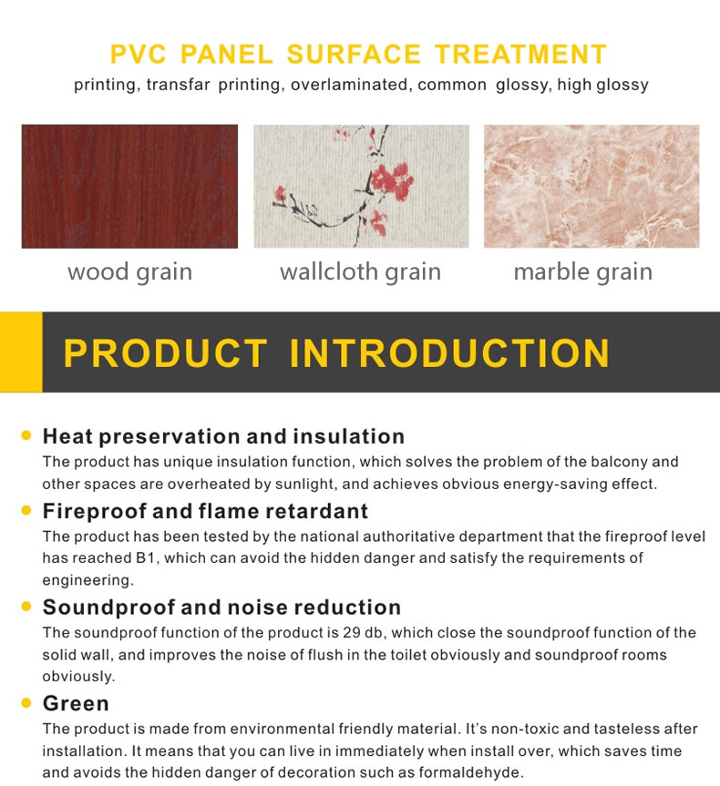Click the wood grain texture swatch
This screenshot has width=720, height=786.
click(129, 186)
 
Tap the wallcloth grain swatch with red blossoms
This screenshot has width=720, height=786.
click(361, 186)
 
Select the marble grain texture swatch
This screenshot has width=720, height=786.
click(591, 186)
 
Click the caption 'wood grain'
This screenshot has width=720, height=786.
click(130, 272)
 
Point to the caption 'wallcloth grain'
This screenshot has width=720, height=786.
click(360, 272)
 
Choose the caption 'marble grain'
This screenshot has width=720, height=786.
click(583, 272)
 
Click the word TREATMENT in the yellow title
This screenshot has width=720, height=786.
click(520, 54)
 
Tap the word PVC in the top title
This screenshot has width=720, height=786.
click(138, 54)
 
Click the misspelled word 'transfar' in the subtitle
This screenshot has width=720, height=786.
click(178, 85)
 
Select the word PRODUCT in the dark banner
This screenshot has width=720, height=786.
click(166, 352)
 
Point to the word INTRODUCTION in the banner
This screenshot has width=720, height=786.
click(449, 352)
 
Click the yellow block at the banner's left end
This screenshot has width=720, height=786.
click(21, 352)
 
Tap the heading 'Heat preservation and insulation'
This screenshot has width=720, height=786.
click(224, 436)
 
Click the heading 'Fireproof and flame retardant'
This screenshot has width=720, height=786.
click(205, 511)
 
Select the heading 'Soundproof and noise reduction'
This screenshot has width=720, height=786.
click(221, 607)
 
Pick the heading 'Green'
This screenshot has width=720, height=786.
click(76, 703)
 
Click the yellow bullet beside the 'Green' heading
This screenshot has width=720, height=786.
click(26, 703)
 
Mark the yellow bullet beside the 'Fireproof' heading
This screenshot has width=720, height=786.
click(26, 510)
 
